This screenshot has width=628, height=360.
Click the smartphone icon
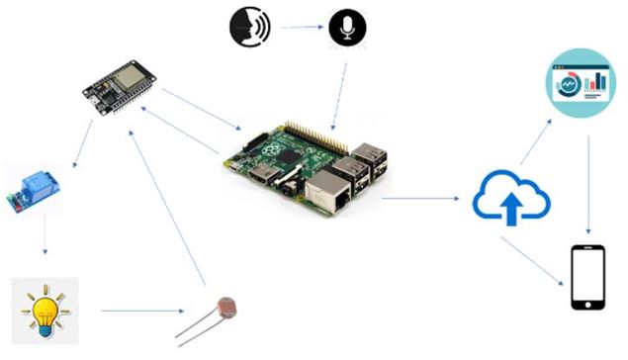click(587, 278)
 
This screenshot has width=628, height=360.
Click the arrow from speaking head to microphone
click(301, 28)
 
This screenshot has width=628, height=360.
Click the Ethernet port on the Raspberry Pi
click(327, 192)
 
